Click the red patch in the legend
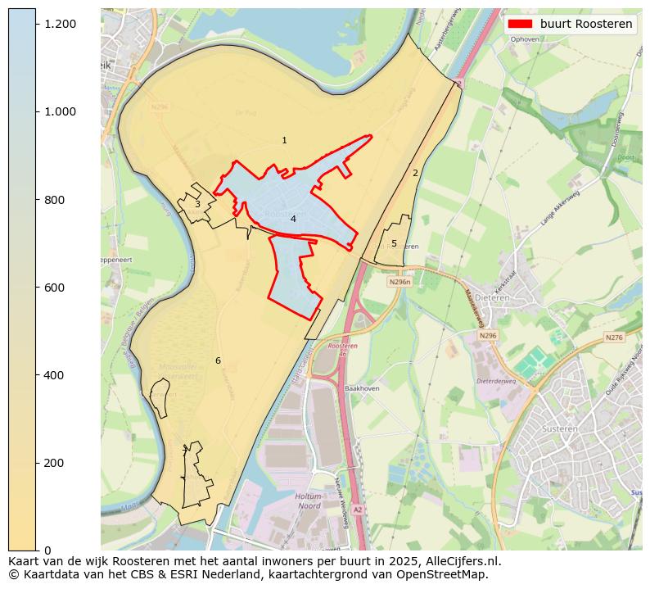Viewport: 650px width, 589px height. [520, 24]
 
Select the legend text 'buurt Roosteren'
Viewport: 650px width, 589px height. [585, 24]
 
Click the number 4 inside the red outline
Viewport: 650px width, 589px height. [292, 219]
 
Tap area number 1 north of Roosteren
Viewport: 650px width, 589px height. [284, 141]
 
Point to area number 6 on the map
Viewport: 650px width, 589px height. [218, 360]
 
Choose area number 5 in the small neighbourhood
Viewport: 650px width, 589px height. [394, 243]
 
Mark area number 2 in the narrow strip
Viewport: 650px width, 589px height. [415, 173]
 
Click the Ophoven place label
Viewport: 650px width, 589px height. [525, 39]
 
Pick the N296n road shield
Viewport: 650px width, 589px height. [399, 282]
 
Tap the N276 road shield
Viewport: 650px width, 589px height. [614, 338]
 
